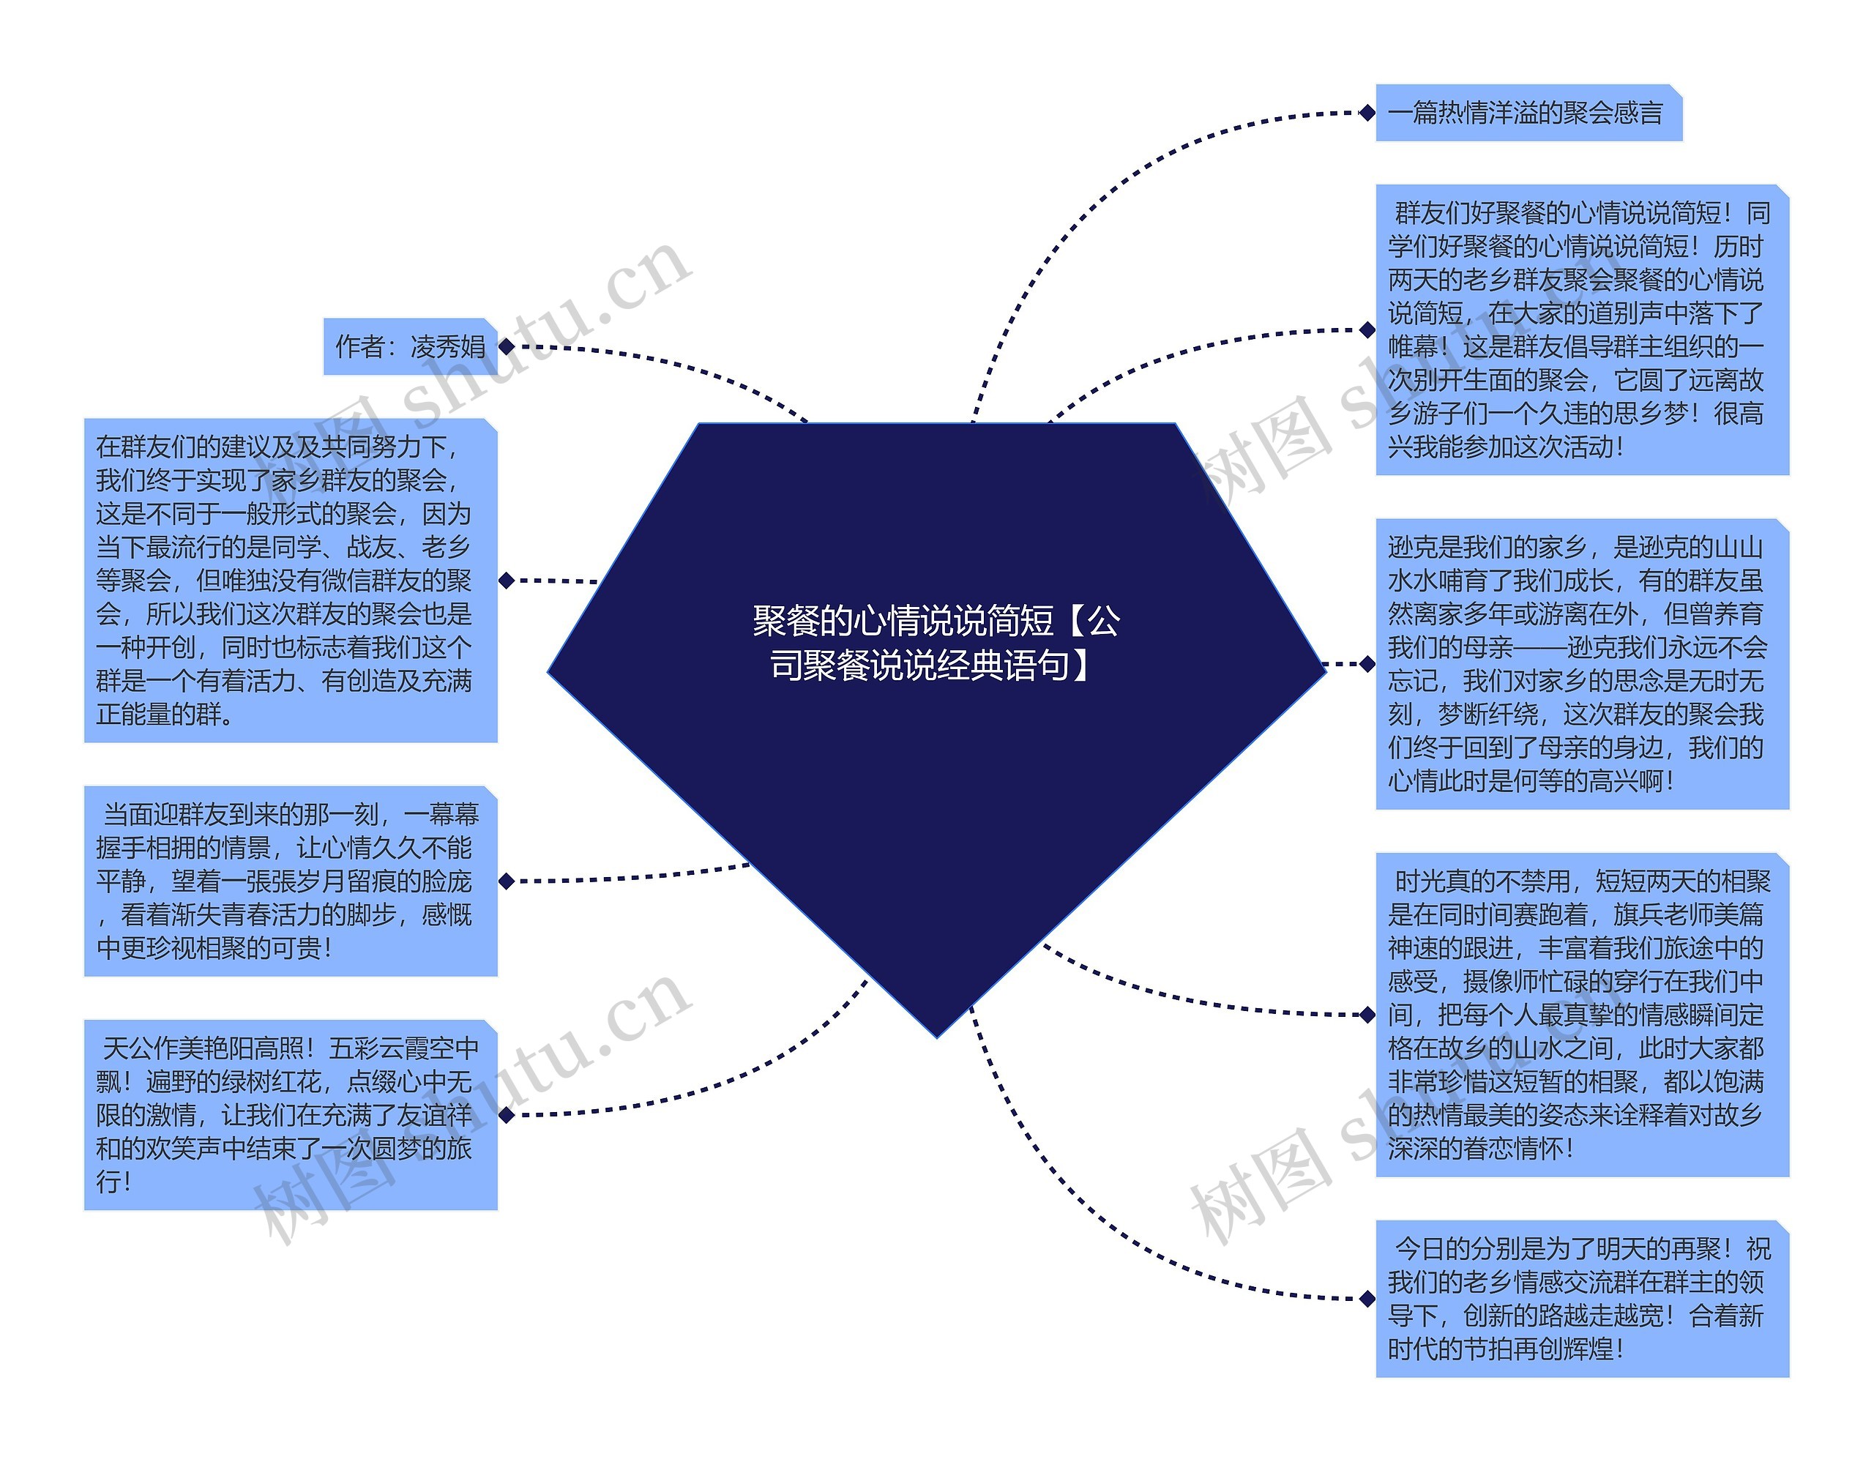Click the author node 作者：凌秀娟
coord(409,346)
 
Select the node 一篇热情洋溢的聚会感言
coord(1527,113)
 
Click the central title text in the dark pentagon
coord(936,643)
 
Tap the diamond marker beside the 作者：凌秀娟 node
coord(507,346)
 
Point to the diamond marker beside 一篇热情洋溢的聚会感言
coord(1367,113)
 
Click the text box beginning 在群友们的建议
coord(290,580)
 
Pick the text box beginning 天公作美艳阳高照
coord(290,1114)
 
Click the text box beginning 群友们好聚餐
coord(1581,329)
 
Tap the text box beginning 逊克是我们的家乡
coord(1581,663)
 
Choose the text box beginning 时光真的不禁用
coord(1581,1014)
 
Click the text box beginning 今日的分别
coord(1581,1298)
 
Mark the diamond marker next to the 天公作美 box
coord(507,1114)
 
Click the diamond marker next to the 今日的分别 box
coord(1367,1298)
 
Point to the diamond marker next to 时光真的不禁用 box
coord(1367,1015)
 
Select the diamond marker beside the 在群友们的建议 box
coord(507,580)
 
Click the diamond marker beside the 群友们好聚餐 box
coord(1367,329)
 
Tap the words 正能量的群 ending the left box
coord(163,715)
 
